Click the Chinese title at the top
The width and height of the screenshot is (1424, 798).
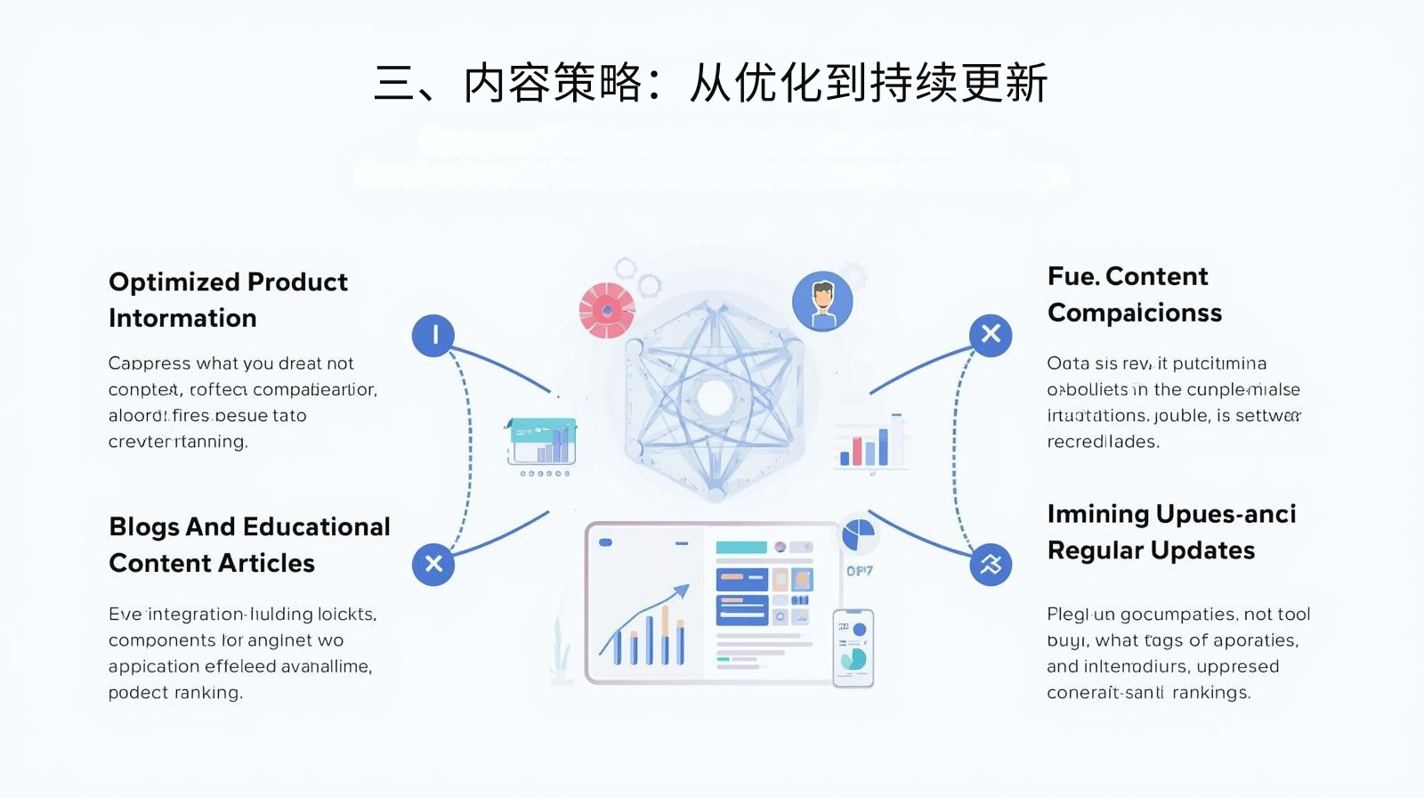tap(710, 84)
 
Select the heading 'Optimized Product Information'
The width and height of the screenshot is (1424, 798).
tap(228, 300)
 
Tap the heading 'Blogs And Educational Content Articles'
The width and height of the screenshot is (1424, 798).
tap(249, 545)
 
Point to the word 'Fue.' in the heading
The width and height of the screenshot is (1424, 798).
tap(1073, 277)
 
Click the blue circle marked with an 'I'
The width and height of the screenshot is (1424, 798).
tap(433, 336)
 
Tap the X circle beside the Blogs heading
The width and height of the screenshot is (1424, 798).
tap(433, 564)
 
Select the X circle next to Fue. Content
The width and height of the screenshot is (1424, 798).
tap(991, 335)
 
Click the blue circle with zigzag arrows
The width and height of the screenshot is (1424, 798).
tap(991, 564)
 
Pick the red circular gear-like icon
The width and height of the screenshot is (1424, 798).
tap(607, 311)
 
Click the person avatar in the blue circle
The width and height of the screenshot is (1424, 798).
tap(822, 301)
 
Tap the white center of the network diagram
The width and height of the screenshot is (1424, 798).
tap(715, 398)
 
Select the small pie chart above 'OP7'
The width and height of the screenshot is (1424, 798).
tap(858, 535)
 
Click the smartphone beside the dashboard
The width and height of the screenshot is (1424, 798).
tap(853, 648)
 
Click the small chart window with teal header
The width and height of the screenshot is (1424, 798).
tap(541, 441)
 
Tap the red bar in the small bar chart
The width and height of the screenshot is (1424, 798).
tap(857, 451)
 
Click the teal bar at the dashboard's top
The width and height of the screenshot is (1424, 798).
tap(740, 547)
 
